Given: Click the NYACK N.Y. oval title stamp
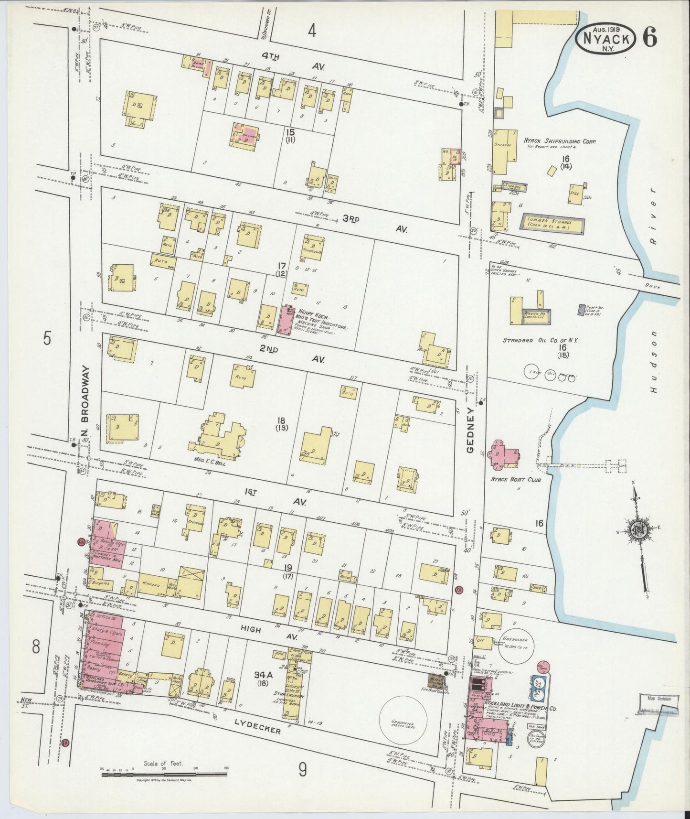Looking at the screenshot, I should [606, 39].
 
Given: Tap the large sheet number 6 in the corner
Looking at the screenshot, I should [649, 37].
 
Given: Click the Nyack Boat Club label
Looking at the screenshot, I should [521, 478].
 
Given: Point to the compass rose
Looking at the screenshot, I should [638, 530].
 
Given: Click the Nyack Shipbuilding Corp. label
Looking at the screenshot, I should [561, 141].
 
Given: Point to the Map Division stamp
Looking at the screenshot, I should [658, 699].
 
